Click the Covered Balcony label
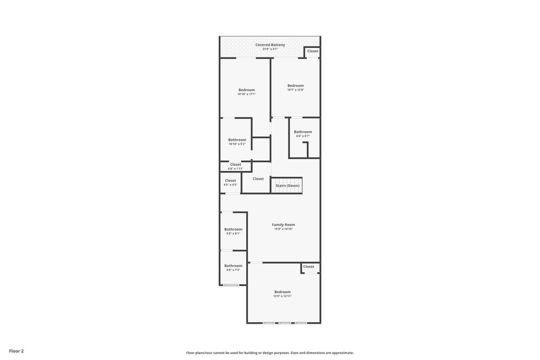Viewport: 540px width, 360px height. [x=270, y=45]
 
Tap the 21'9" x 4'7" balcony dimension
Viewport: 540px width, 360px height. [x=270, y=49]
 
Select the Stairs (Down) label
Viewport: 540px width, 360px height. [x=287, y=186]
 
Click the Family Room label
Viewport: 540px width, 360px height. [x=283, y=225]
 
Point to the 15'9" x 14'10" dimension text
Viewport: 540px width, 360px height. [x=283, y=229]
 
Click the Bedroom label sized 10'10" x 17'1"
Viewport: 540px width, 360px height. [x=247, y=90]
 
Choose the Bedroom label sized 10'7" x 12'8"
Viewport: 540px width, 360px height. [x=295, y=86]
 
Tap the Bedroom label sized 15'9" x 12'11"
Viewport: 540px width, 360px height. [x=283, y=292]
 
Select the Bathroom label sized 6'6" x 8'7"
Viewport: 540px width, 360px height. [x=303, y=132]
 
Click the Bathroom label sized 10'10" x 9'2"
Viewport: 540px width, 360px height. [x=237, y=140]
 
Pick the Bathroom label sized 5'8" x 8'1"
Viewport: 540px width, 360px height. [x=233, y=229]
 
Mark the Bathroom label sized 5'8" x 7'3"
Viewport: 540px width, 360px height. [x=233, y=266]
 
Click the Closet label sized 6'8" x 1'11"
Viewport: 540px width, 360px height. [x=236, y=164]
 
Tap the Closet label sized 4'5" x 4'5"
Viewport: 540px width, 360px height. [x=230, y=181]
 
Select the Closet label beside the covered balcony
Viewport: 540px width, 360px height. [x=313, y=51]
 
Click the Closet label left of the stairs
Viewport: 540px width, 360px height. [x=258, y=179]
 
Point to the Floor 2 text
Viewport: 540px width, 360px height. [x=16, y=351]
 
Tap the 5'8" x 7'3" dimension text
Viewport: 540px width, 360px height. [x=233, y=270]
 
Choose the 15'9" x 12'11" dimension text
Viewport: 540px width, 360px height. [x=283, y=296]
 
